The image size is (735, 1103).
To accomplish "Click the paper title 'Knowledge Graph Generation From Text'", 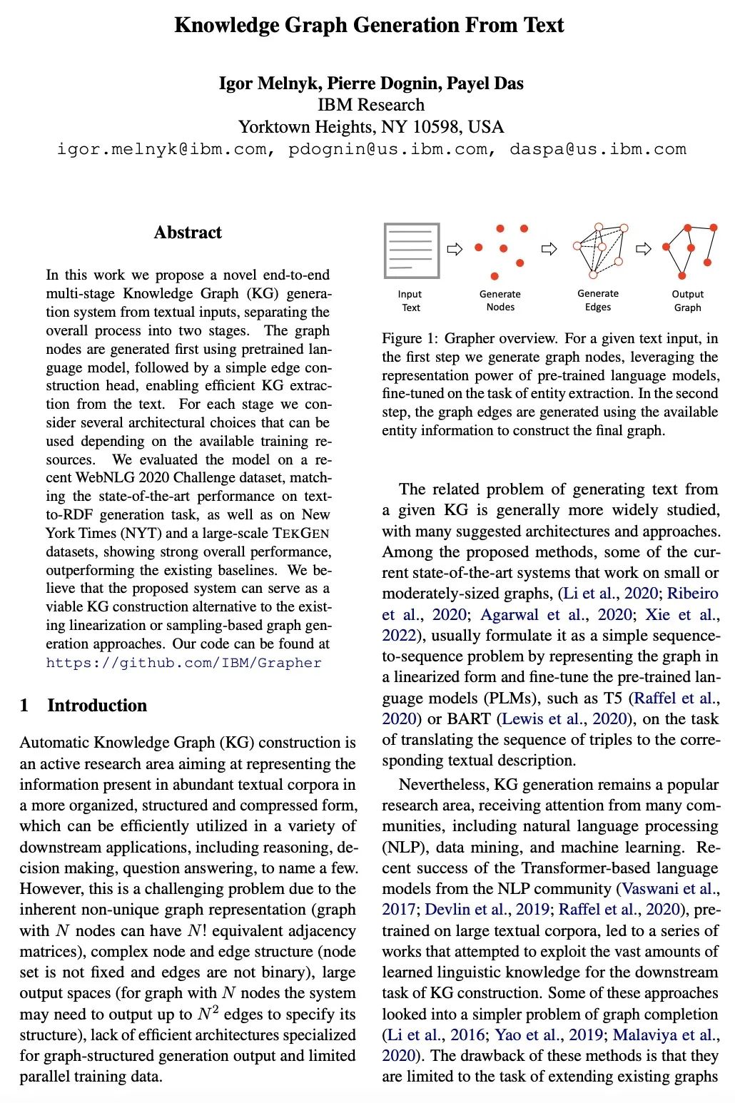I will coord(369,26).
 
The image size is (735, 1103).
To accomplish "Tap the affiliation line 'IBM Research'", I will coord(371,105).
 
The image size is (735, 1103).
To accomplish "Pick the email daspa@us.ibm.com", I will coord(597,149).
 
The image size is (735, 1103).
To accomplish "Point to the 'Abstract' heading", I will coord(188,233).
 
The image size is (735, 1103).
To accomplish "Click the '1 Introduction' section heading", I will coord(83,706).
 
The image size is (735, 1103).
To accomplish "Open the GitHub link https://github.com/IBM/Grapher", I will coord(183,663).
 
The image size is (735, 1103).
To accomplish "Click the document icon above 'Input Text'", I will coord(411,250).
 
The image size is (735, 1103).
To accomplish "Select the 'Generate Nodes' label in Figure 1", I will coord(500,300).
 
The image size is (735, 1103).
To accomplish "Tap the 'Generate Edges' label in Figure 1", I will coord(598,300).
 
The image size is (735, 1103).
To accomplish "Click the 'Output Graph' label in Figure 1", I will coord(687,300).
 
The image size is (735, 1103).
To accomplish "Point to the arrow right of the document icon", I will coord(454,249).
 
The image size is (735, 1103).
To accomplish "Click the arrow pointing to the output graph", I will coord(643,249).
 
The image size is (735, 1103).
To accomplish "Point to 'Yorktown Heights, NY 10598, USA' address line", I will coord(371,127).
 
